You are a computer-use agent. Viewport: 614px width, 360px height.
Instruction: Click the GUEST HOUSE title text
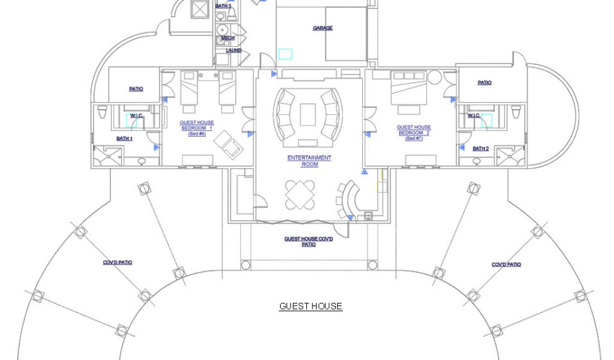point(311,306)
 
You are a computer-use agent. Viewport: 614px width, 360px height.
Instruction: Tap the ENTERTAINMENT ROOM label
point(309,161)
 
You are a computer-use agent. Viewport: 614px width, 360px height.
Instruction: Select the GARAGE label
point(323,28)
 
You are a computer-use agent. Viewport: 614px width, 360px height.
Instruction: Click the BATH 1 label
point(125,139)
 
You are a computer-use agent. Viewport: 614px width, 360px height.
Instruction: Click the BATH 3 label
point(223,6)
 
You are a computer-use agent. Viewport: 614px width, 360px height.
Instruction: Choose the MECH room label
point(228,38)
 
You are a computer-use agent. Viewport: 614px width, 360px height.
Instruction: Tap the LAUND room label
point(234,50)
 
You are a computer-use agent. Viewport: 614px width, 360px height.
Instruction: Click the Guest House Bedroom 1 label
point(197,128)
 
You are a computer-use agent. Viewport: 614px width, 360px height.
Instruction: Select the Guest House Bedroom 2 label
point(414,130)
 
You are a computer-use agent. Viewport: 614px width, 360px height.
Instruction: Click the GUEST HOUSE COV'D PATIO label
point(309,241)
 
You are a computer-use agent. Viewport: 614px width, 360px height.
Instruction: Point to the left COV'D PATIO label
point(118,262)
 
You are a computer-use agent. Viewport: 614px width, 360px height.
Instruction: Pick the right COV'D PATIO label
point(506,265)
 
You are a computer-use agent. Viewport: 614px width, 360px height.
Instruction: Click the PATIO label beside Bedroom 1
point(136,89)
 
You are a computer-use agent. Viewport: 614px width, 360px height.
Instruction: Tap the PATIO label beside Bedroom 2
point(484,83)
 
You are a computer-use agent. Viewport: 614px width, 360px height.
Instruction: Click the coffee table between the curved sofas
point(308,114)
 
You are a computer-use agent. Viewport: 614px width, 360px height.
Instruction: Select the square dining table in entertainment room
point(299,194)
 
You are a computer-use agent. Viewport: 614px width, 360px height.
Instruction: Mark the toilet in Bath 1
point(102,112)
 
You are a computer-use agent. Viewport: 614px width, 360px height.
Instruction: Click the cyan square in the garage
point(285,54)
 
